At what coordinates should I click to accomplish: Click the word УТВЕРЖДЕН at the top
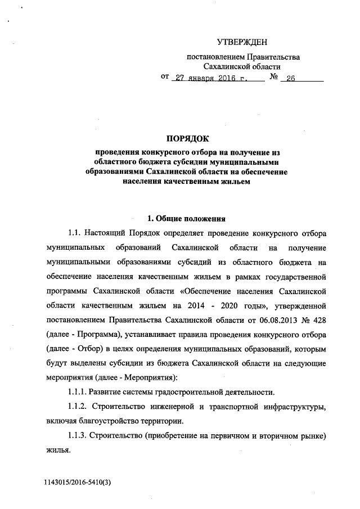(242, 42)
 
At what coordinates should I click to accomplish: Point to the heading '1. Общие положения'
(186, 218)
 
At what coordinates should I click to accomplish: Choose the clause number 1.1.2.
(79, 407)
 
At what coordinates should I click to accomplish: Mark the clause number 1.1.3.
(79, 436)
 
